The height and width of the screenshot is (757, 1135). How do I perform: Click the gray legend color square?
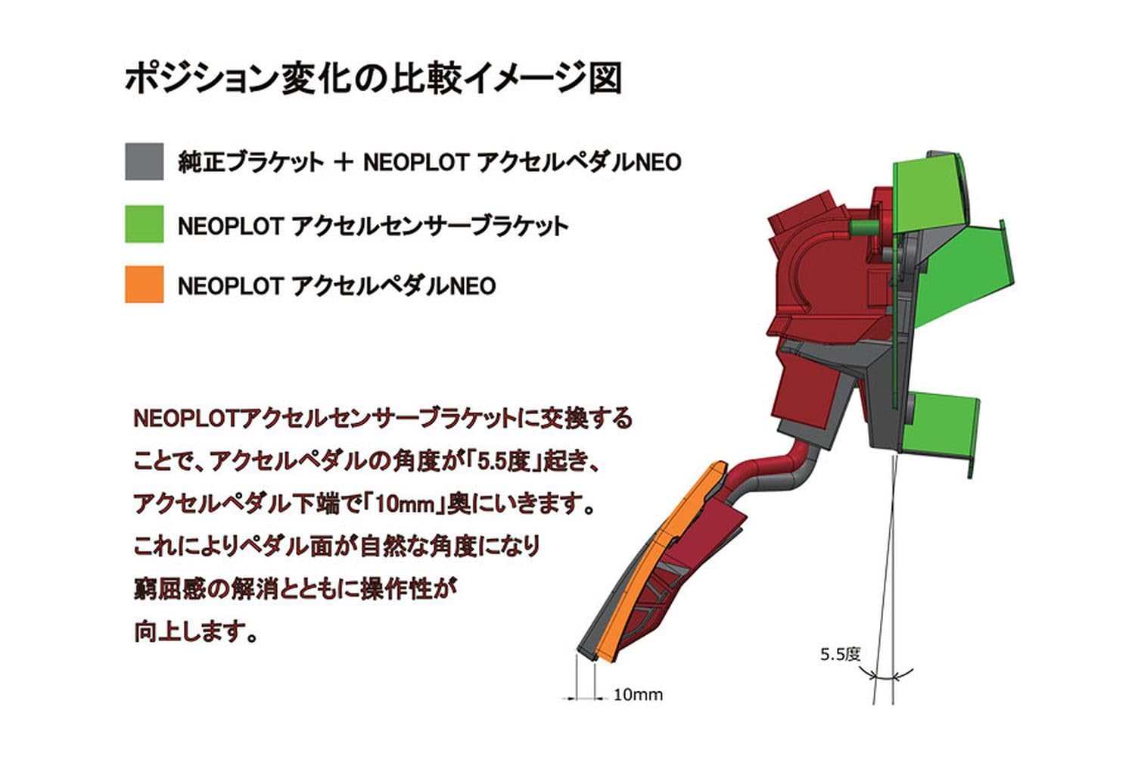tap(144, 161)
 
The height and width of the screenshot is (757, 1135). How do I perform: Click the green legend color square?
tap(144, 224)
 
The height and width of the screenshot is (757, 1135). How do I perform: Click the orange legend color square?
tap(144, 285)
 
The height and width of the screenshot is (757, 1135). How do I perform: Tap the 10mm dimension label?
tap(637, 694)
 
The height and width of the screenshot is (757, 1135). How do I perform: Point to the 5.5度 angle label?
tap(840, 654)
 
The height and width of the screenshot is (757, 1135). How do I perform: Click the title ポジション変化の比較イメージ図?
tap(373, 79)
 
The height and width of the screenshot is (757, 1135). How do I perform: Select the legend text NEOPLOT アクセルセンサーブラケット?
tap(372, 226)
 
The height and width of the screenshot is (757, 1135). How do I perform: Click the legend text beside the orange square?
tap(337, 286)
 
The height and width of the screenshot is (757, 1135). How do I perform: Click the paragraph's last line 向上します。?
tap(195, 630)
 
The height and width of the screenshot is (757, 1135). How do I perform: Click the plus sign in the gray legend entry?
tap(343, 162)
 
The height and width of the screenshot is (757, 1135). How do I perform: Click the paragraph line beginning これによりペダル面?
tap(337, 545)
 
